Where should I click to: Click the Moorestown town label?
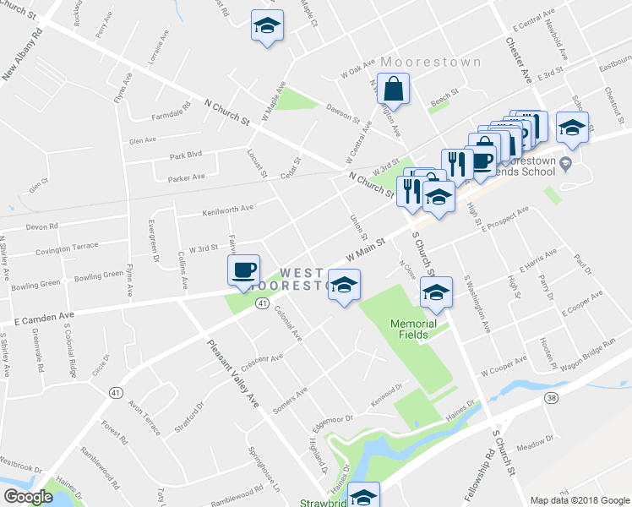[431, 63]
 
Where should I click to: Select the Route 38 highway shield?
[551, 397]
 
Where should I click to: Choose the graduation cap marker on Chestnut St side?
[573, 128]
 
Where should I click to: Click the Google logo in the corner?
[28, 497]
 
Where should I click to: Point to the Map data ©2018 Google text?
[579, 499]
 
